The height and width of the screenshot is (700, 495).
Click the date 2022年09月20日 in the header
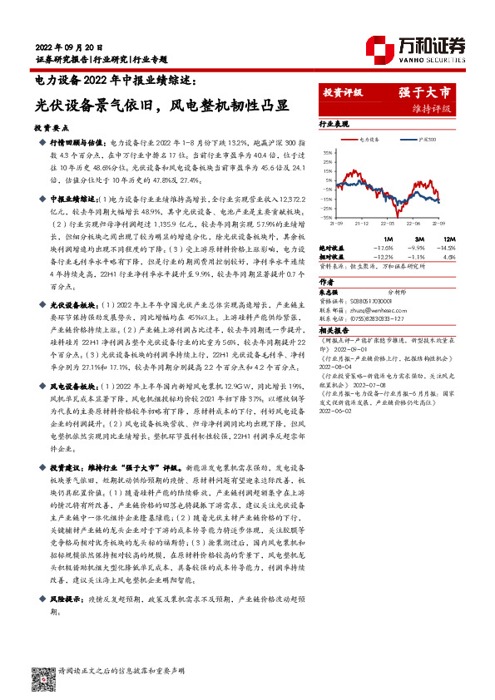tap(69, 47)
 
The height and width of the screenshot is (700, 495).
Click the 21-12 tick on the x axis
tap(362, 224)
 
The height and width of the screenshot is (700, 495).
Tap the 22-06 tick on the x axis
tap(413, 224)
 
